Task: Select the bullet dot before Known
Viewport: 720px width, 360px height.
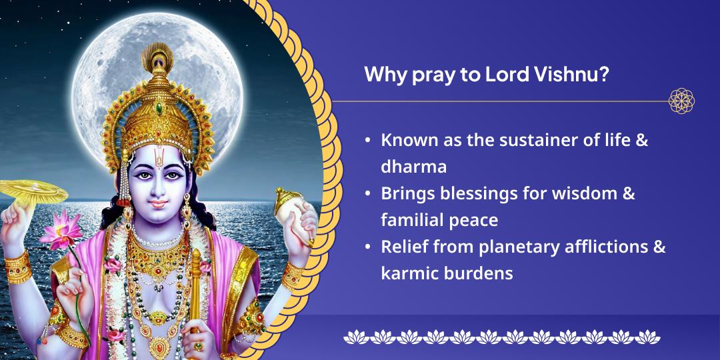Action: pyautogui.click(x=368, y=142)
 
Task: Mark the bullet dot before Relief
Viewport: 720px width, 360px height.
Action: pyautogui.click(x=368, y=247)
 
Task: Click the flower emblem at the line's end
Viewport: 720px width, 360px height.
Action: pyautogui.click(x=681, y=101)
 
